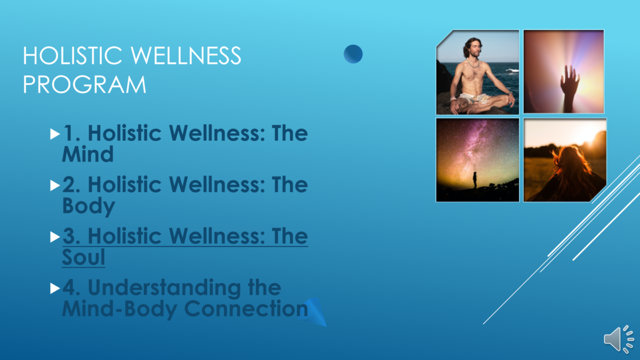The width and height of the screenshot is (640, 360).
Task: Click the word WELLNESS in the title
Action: pyautogui.click(x=186, y=55)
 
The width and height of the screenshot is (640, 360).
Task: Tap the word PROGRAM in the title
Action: pyautogui.click(x=85, y=85)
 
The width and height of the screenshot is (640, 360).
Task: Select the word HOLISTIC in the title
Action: pyautogui.click(x=73, y=55)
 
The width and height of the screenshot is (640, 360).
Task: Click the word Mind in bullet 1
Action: pyautogui.click(x=87, y=154)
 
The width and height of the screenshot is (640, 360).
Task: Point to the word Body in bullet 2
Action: pyautogui.click(x=89, y=206)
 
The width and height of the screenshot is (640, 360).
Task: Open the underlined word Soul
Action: pyautogui.click(x=83, y=257)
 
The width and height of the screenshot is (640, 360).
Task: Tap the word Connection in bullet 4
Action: pyautogui.click(x=246, y=309)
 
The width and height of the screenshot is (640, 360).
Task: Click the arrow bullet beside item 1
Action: pyautogui.click(x=55, y=134)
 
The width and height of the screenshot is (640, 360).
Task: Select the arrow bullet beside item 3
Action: pyautogui.click(x=55, y=237)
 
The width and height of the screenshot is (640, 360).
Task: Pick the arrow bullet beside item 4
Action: pyautogui.click(x=55, y=289)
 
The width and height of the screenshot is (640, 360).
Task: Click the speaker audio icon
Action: pyautogui.click(x=619, y=339)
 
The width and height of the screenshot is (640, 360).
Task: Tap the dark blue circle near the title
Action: pyautogui.click(x=353, y=54)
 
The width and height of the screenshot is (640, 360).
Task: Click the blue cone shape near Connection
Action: pyautogui.click(x=313, y=312)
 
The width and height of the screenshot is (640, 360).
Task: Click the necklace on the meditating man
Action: pyautogui.click(x=473, y=63)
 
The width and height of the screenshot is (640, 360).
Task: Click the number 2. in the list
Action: pyautogui.click(x=71, y=185)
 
